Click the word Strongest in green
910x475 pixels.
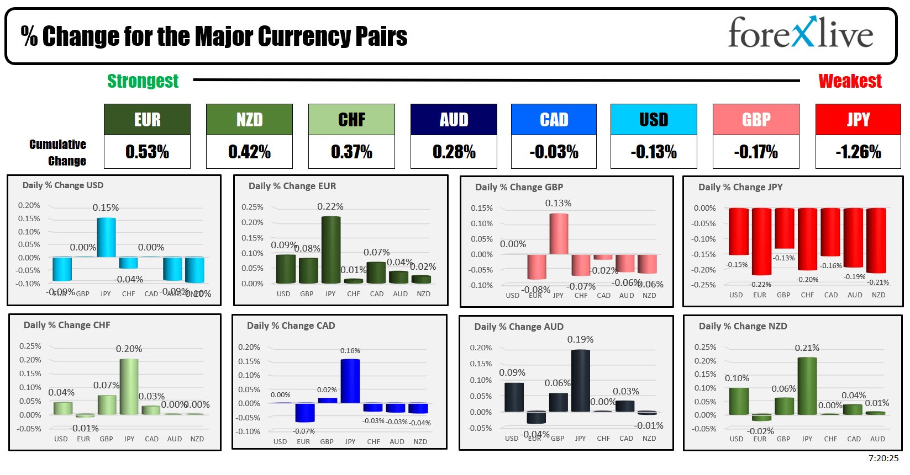143,81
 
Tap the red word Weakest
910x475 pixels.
850,81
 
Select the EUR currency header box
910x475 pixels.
147,120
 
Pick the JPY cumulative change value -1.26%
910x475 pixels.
858,152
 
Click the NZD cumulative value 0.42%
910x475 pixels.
249,152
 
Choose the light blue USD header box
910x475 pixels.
654,120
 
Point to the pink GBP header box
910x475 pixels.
756,120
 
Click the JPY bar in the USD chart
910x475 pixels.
106,237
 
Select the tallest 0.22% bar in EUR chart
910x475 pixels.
330,249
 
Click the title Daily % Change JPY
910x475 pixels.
740,187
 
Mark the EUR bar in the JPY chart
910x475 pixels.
761,241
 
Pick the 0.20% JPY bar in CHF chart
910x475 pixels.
129,386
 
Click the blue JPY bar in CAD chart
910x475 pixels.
350,381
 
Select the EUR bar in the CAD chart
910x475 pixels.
304,412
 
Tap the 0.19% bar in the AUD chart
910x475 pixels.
580,381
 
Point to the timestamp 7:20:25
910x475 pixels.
883,458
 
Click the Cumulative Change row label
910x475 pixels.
58,152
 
